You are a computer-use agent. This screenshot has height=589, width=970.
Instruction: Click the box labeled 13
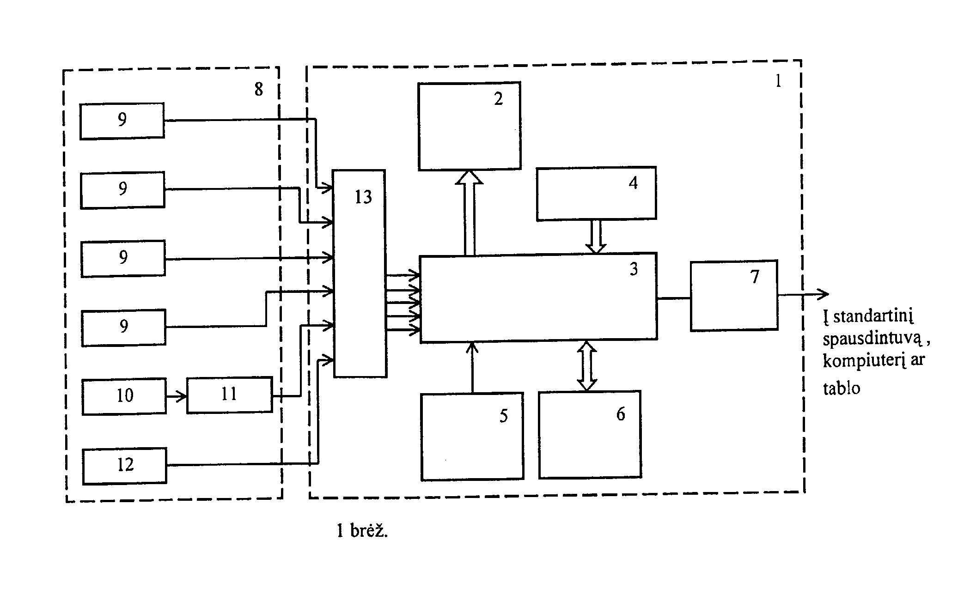(360, 273)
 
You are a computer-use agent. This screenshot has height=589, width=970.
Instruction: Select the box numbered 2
(470, 126)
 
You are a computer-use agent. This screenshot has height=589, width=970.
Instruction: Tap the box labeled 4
(596, 193)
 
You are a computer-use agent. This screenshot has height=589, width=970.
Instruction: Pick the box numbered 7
(734, 295)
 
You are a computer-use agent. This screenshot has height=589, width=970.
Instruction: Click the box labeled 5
(472, 437)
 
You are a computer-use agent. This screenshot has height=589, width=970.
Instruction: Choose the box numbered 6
(590, 435)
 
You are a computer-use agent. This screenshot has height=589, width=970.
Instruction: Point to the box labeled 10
(124, 396)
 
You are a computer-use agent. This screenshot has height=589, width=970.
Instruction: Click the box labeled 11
(230, 395)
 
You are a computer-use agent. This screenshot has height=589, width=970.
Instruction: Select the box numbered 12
(125, 466)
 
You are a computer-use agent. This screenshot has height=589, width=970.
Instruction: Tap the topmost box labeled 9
(122, 121)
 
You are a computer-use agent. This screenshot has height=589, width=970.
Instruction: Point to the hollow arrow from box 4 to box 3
(596, 236)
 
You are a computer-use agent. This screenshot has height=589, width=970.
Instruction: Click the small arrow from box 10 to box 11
(177, 396)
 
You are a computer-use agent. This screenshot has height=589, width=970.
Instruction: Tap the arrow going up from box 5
(472, 367)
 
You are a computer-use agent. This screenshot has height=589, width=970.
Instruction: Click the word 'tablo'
(842, 388)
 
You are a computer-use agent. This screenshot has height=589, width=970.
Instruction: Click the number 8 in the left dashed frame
(259, 89)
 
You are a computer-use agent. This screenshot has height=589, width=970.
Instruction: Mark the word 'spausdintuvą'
(872, 340)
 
